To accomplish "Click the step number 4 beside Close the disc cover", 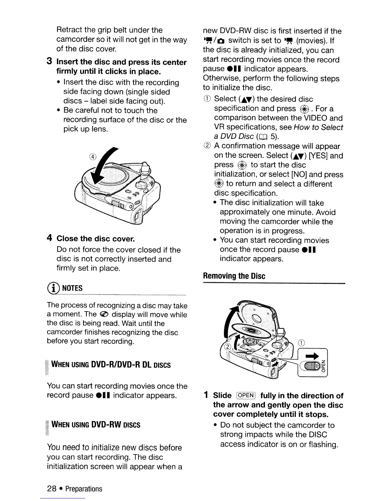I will click(49, 238).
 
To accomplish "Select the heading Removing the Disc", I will click(234, 276).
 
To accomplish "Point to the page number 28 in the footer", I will click(52, 489).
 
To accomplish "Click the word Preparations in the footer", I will click(84, 489).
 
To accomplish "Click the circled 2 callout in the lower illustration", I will click(226, 347).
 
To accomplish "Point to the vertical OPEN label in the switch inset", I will click(323, 365).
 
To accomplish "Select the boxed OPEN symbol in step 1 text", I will click(246, 396).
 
